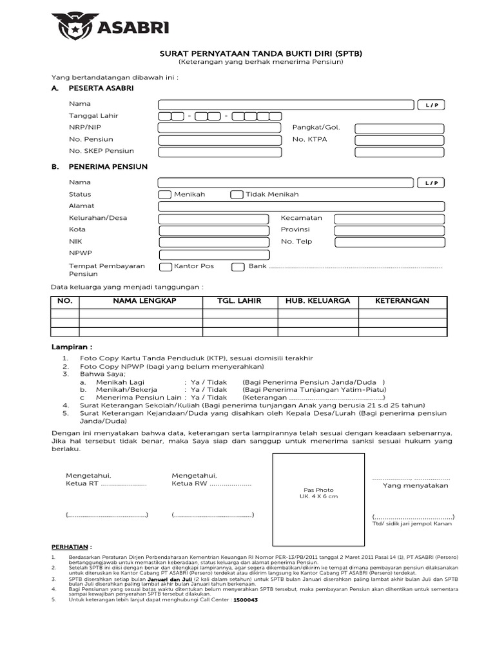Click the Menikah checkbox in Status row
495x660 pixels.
164,194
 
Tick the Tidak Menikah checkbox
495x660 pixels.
237,194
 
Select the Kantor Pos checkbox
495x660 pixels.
164,266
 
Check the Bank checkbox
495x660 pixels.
238,266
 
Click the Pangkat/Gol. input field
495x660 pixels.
399,128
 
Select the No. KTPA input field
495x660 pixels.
399,139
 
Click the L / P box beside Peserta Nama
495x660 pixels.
431,104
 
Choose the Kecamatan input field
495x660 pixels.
389,218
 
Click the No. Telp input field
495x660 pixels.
389,242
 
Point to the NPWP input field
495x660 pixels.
213,253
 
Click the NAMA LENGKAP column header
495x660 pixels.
144,301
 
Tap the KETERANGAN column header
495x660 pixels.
402,301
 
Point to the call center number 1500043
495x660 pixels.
245,599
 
